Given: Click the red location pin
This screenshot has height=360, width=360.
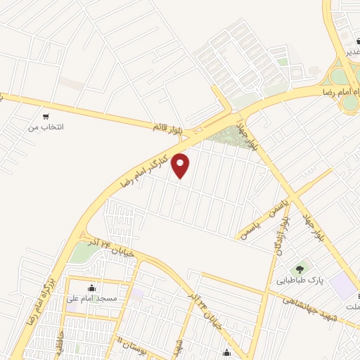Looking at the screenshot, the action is pyautogui.click(x=181, y=165).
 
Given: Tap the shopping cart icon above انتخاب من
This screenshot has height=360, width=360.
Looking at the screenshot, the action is pyautogui.click(x=46, y=116).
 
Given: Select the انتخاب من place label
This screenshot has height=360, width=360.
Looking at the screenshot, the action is pyautogui.click(x=45, y=127).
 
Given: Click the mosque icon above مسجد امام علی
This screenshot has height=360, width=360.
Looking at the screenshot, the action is pyautogui.click(x=91, y=287).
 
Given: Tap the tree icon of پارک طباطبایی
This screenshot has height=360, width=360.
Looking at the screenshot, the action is pyautogui.click(x=302, y=267).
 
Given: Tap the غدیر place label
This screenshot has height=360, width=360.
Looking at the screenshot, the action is pyautogui.click(x=352, y=52).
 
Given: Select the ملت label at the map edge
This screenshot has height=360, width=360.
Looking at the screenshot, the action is pyautogui.click(x=352, y=307).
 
